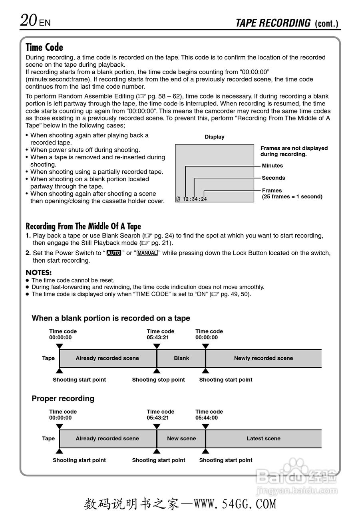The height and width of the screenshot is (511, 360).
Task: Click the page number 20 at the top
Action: pyautogui.click(x=29, y=20)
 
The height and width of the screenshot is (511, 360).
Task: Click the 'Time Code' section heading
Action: pyautogui.click(x=44, y=48)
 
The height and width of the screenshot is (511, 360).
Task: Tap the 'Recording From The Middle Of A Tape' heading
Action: pyautogui.click(x=83, y=226)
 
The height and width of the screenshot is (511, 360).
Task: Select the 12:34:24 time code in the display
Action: pyautogui.click(x=195, y=199)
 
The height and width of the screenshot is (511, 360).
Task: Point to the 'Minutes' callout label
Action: pyautogui.click(x=272, y=166)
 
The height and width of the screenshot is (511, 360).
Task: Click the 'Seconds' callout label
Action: pyautogui.click(x=273, y=178)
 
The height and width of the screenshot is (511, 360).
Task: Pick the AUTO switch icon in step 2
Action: pyautogui.click(x=114, y=253)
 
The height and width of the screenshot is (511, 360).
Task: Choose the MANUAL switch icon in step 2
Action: pyautogui.click(x=147, y=253)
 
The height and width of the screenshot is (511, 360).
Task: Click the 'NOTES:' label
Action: pyautogui.click(x=38, y=273)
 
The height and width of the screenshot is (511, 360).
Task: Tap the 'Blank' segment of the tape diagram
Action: pyautogui.click(x=181, y=358)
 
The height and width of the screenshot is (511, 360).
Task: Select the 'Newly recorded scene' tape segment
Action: pyautogui.click(x=263, y=358)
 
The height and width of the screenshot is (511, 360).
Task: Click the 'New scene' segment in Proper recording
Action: pyautogui.click(x=181, y=439)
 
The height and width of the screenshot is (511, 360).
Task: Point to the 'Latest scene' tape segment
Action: pyautogui.click(x=263, y=439)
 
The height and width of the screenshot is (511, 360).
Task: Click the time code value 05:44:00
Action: pyautogui.click(x=207, y=418)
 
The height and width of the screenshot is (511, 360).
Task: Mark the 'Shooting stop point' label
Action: pyautogui.click(x=159, y=380)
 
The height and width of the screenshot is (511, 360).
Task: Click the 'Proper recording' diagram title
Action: pyautogui.click(x=63, y=398)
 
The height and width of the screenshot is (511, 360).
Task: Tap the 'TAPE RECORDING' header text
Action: pyautogui.click(x=273, y=23)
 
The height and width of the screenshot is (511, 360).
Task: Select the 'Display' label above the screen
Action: pyautogui.click(x=215, y=137)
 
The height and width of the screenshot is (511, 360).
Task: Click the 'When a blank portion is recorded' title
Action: pyautogui.click(x=111, y=318)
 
